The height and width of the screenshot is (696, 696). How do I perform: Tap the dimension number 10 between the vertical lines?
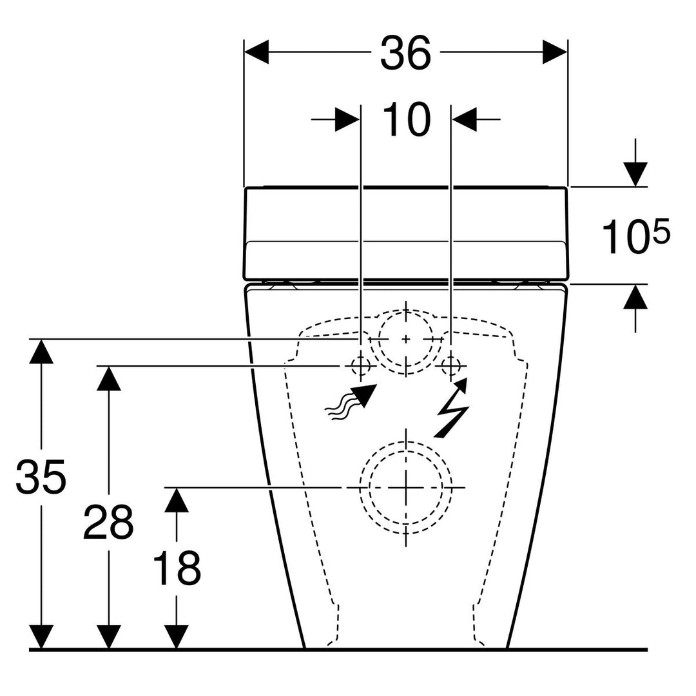click(406, 119)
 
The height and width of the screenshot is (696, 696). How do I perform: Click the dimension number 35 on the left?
click(41, 477)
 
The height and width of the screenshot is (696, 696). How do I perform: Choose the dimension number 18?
click(177, 568)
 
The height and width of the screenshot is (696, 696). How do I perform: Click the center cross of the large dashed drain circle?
click(406, 488)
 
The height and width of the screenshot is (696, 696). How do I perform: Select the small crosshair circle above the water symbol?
click(361, 366)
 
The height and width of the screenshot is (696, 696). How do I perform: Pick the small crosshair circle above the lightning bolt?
click(451, 366)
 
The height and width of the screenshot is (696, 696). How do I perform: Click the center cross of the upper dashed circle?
click(406, 339)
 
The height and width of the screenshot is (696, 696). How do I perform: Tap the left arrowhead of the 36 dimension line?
click(256, 52)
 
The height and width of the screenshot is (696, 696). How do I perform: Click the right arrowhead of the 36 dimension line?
click(555, 52)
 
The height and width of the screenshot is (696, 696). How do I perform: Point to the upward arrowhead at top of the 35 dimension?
click(41, 351)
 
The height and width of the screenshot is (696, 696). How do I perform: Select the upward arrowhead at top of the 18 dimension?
click(177, 500)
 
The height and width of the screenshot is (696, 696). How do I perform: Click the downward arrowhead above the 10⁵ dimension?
click(635, 175)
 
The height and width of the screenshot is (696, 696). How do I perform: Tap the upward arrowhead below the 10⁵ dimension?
click(635, 296)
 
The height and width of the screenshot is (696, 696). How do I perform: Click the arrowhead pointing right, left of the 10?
click(347, 119)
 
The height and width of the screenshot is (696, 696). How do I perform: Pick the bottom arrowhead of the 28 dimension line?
click(109, 637)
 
